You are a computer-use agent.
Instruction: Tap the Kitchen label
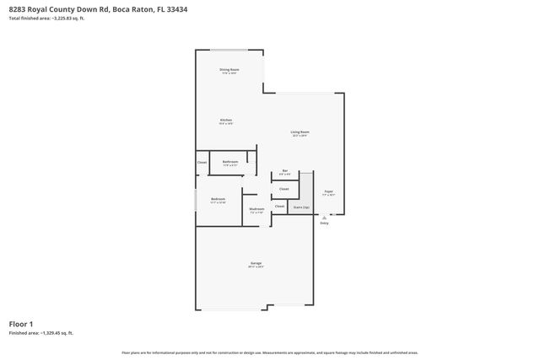pyautogui.click(x=226, y=120)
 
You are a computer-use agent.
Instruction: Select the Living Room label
pyautogui.click(x=300, y=132)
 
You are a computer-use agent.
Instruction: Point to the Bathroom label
pyautogui.click(x=229, y=161)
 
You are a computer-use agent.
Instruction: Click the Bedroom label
pyautogui.click(x=218, y=199)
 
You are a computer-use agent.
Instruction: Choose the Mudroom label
pyautogui.click(x=256, y=208)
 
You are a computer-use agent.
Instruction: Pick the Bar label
pyautogui.click(x=285, y=171)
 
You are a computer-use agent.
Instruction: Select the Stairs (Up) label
pyautogui.click(x=301, y=206)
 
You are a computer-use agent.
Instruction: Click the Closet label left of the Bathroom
pyautogui.click(x=202, y=162)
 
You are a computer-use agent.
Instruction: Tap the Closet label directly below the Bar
pyautogui.click(x=284, y=189)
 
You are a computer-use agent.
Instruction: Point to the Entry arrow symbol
pyautogui.click(x=325, y=215)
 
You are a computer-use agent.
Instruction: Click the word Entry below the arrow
pyautogui.click(x=325, y=223)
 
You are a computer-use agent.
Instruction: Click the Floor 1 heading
pyautogui.click(x=21, y=324)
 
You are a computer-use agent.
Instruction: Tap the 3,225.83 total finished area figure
pyautogui.click(x=66, y=18)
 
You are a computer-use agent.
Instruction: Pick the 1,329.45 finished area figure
pyautogui.click(x=56, y=334)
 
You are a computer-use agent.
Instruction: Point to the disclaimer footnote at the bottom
pyautogui.click(x=270, y=352)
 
